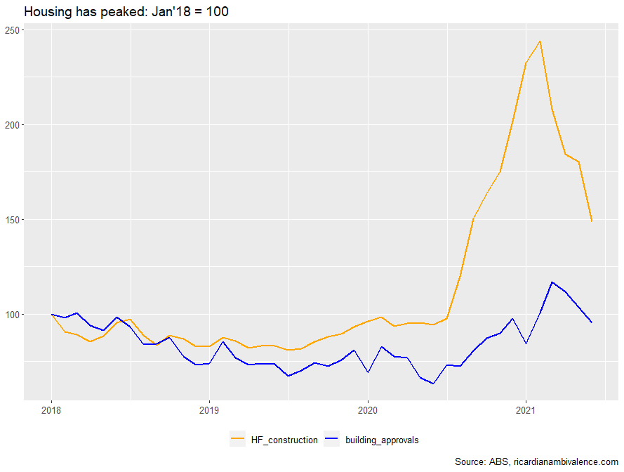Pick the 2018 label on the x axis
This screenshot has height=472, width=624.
coord(51,409)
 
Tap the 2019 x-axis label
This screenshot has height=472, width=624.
coord(208,409)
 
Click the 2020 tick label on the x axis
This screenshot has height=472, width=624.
coord(368,409)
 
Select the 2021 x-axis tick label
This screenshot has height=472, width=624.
coord(526,409)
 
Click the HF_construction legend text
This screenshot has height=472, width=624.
coord(284,440)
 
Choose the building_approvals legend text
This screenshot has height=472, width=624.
coord(382,440)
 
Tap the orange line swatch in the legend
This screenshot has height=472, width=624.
coord(238,440)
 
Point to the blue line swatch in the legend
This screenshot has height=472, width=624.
coord(331,440)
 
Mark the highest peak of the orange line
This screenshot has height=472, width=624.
coord(539,41)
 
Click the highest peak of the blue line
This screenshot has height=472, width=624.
coord(552,282)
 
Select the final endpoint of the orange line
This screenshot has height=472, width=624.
coord(592,221)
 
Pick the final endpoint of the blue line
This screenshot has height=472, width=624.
coord(592,322)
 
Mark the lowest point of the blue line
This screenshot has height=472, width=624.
coord(433,383)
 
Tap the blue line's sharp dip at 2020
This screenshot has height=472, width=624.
coord(368,372)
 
